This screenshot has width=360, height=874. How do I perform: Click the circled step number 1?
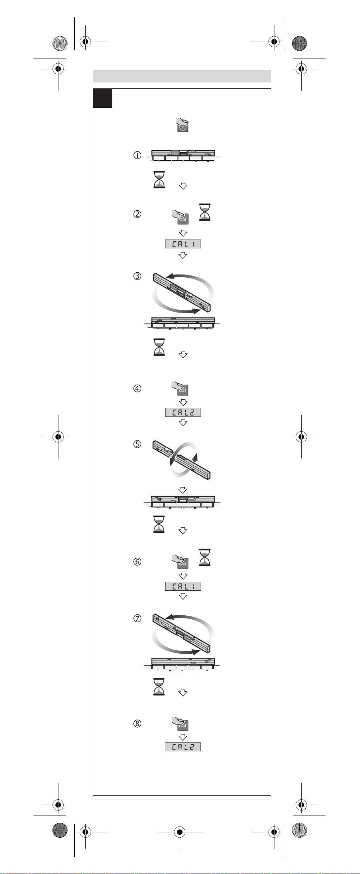pos(137,155)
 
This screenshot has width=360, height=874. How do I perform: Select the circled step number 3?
pos(137,276)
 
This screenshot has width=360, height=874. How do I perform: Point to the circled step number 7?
pos(137,618)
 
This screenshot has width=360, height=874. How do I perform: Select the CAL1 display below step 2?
pos(182,244)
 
